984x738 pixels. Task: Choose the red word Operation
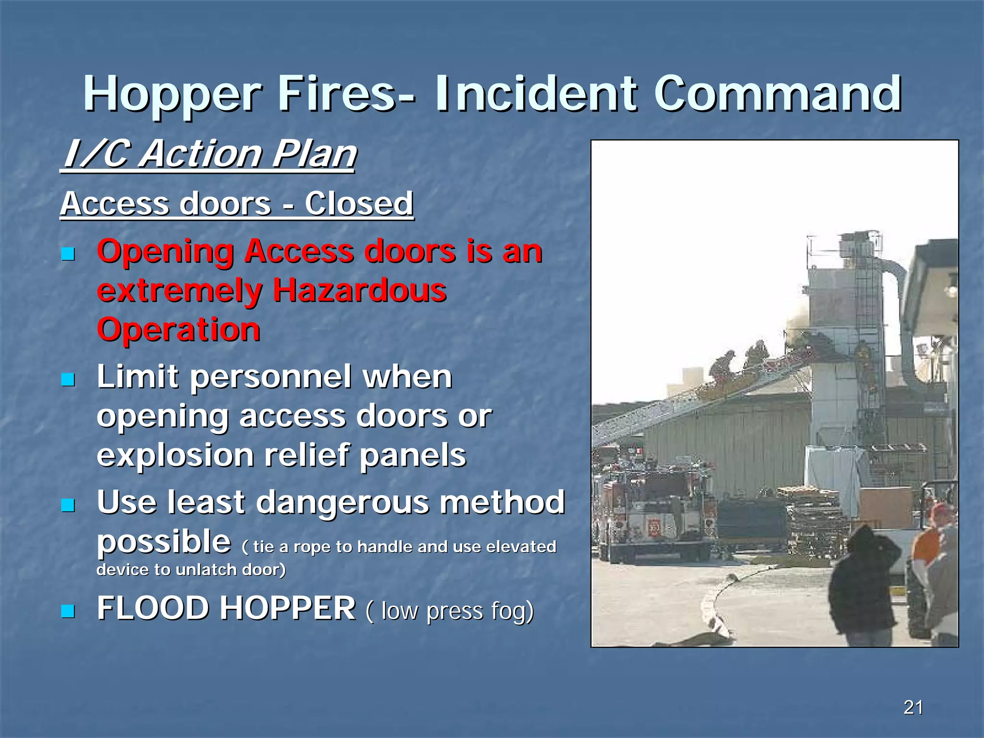point(179,330)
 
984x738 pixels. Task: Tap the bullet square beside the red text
point(68,253)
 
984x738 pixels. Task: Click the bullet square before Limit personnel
point(68,380)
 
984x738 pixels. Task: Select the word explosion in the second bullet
point(175,455)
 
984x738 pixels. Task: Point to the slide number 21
point(913,707)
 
